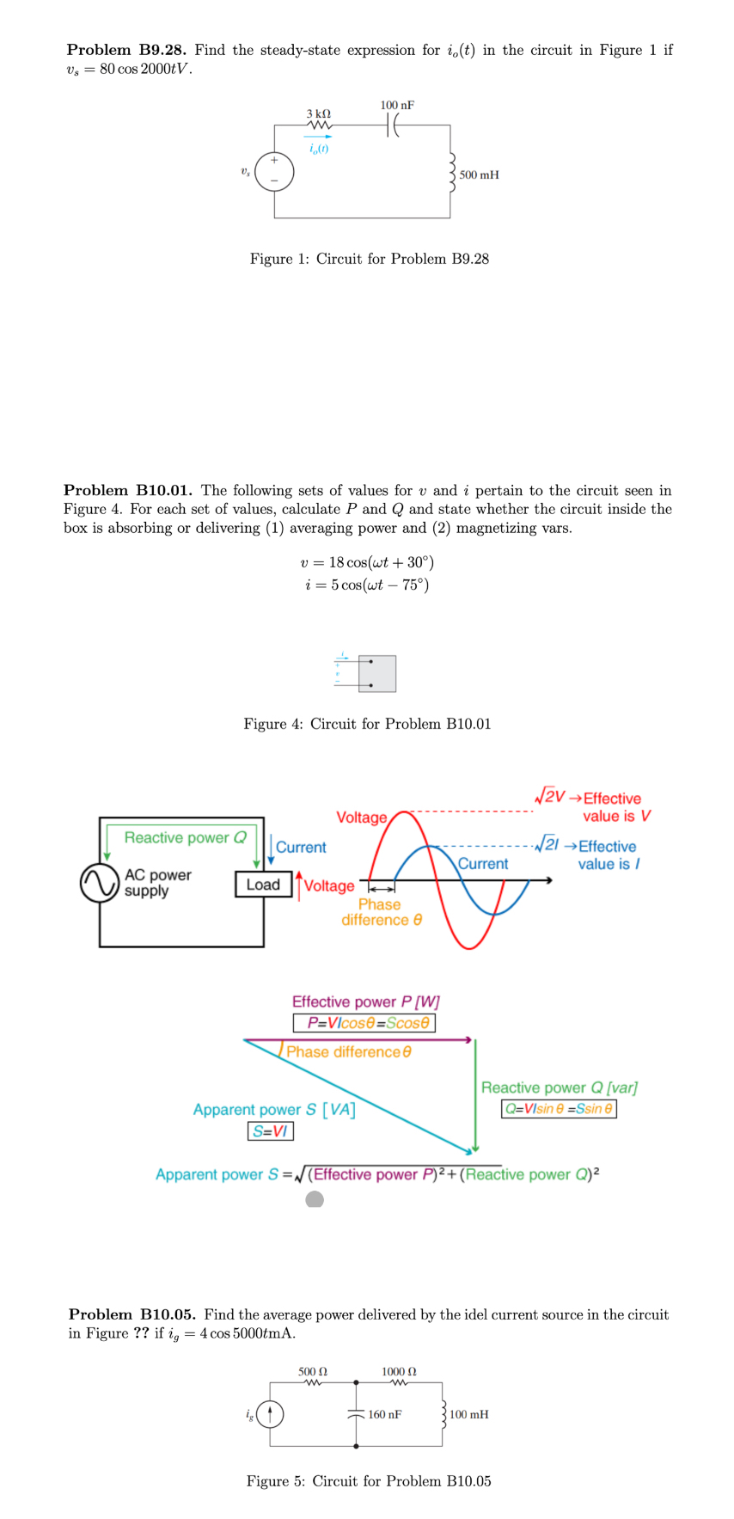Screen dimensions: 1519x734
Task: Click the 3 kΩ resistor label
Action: [x=318, y=113]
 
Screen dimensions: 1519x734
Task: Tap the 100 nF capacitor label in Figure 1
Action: [x=397, y=105]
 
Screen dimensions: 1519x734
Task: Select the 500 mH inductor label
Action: [x=479, y=175]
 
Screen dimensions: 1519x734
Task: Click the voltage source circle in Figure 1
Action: [x=274, y=172]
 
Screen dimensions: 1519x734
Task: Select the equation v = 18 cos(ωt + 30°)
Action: [x=367, y=562]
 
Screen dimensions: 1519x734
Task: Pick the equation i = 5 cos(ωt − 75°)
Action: [x=367, y=585]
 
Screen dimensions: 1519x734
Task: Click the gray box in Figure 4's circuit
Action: [x=377, y=674]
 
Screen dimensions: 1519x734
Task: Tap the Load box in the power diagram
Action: [x=263, y=885]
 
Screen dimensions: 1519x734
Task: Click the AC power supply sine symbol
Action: [x=100, y=883]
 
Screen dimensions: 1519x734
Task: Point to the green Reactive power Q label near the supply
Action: [x=185, y=837]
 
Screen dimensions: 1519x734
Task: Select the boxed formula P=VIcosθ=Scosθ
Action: [x=364, y=1023]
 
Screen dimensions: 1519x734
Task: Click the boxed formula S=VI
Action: [x=271, y=1131]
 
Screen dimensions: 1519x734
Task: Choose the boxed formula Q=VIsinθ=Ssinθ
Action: [x=559, y=1108]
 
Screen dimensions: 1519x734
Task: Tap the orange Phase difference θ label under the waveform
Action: [x=381, y=912]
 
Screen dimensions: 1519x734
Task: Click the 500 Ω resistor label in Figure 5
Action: [x=312, y=1371]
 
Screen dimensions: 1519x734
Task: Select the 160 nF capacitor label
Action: [x=384, y=1414]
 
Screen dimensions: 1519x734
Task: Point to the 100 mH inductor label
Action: [x=468, y=1414]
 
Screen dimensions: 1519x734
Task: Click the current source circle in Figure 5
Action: [x=270, y=1414]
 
